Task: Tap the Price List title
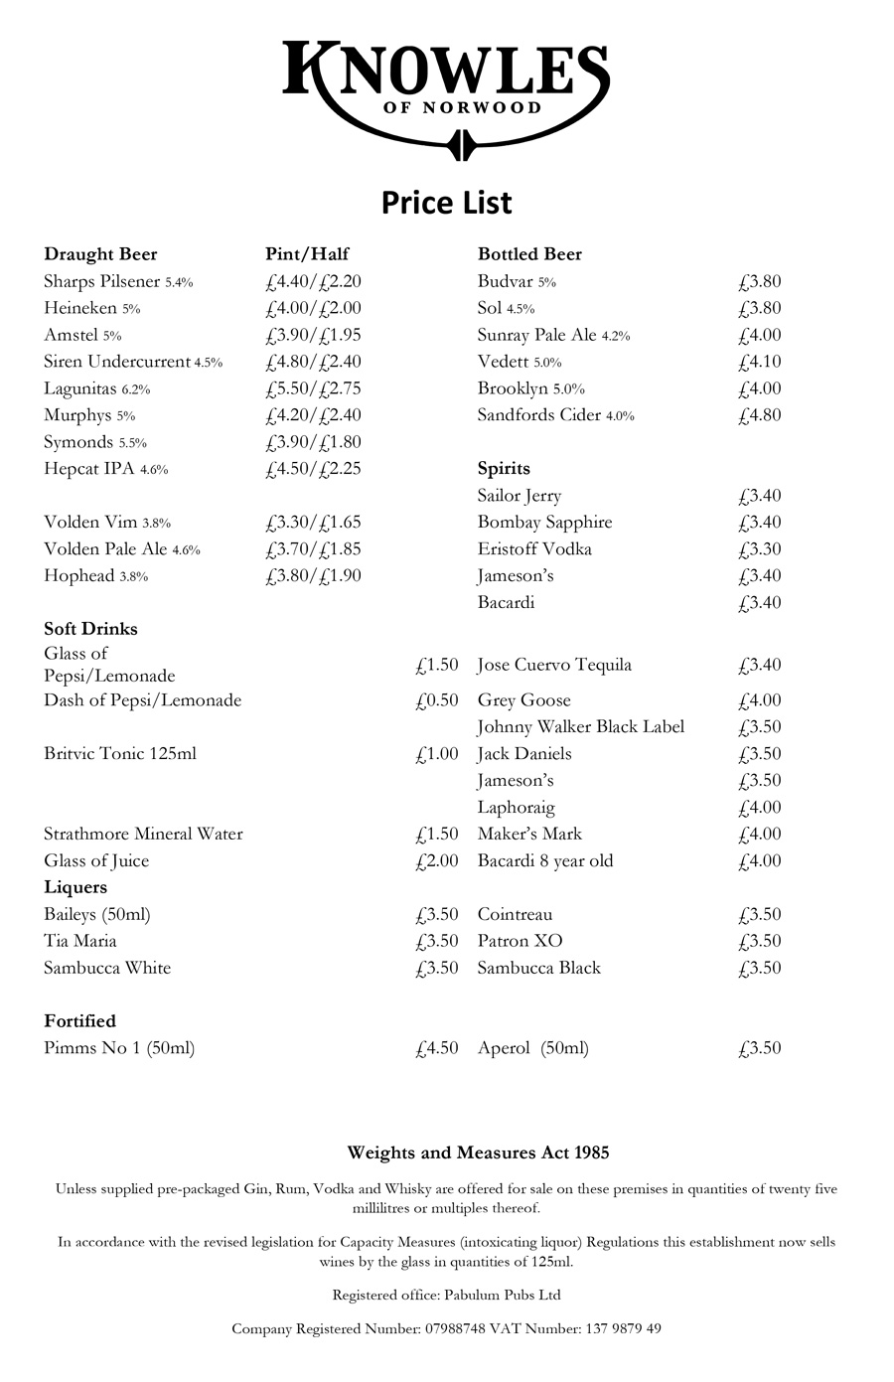[x=446, y=203]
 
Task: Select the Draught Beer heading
[x=100, y=254]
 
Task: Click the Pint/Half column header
[x=307, y=254]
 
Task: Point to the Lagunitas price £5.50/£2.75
[x=313, y=388]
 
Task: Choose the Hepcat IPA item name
[x=89, y=469]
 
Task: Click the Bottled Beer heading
[x=529, y=254]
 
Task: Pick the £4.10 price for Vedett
[x=760, y=362]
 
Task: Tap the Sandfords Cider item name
[x=539, y=415]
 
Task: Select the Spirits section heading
[x=504, y=469]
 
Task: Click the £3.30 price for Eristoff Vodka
[x=760, y=549]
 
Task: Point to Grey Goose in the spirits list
[x=523, y=700]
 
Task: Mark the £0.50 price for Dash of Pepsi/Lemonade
[x=437, y=700]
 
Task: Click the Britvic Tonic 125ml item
[x=120, y=754]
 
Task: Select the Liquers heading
[x=75, y=887]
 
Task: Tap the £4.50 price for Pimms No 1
[x=437, y=1048]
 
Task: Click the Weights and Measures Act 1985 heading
[x=478, y=1153]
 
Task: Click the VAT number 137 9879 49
[x=611, y=1328]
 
